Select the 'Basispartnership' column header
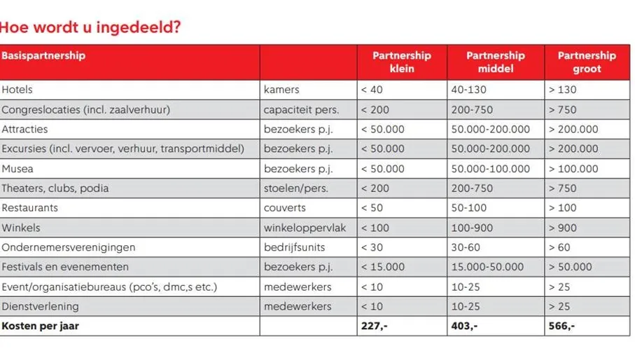coord(43,55)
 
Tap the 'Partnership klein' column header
coord(401,62)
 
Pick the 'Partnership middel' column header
coord(495,62)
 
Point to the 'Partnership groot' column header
coord(586,62)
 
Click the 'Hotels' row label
coord(18,90)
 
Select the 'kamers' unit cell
coord(281,90)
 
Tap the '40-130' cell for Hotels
coord(469,90)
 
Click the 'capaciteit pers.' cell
coord(301,109)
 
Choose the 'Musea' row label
coord(18,169)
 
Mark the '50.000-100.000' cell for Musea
coord(490,169)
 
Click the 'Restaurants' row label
coord(30,208)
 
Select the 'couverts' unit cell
coord(285,208)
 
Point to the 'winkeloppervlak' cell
coord(305,228)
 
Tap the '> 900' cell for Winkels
coord(563,228)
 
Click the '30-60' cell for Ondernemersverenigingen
coord(466,247)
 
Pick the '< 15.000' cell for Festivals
coord(382,267)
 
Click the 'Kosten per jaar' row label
coord(40,326)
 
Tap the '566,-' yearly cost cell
coord(561,326)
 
